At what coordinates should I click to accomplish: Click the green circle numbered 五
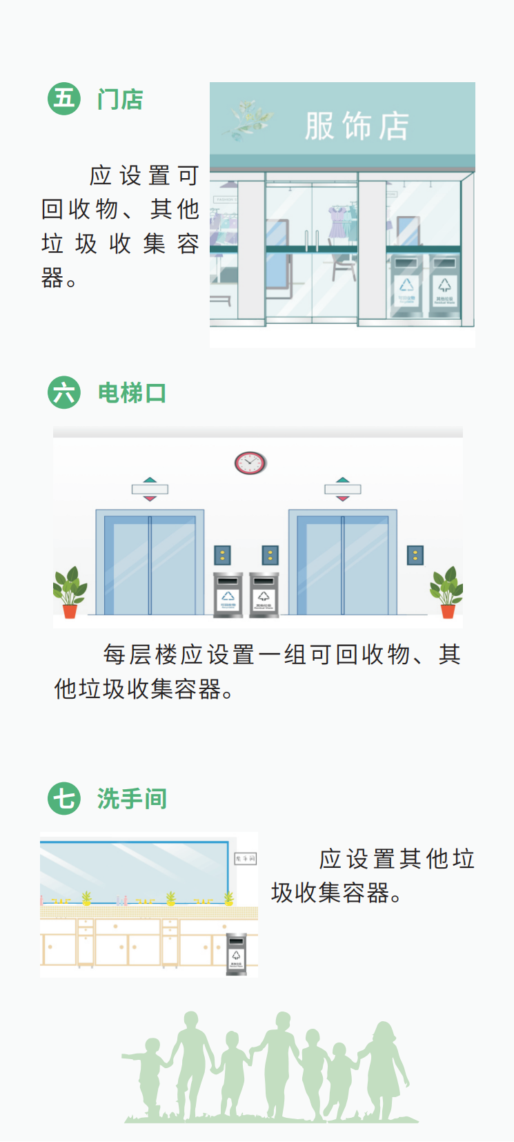(64, 99)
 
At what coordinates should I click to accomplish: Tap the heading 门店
(120, 99)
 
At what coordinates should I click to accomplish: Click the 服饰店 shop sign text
(357, 126)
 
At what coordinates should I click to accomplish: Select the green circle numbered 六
(64, 392)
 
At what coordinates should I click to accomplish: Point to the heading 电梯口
(132, 393)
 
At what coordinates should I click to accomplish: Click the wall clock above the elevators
(250, 463)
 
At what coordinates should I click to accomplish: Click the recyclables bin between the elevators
(228, 594)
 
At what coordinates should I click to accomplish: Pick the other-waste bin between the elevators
(264, 594)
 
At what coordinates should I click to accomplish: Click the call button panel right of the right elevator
(415, 555)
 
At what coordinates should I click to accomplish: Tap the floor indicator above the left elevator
(150, 490)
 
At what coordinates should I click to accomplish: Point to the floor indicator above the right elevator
(342, 490)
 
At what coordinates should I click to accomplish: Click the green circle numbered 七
(64, 798)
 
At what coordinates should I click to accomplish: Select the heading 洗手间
(132, 799)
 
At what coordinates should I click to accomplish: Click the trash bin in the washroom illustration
(236, 954)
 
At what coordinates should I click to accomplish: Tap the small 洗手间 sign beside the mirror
(246, 859)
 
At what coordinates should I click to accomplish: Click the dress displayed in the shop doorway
(337, 222)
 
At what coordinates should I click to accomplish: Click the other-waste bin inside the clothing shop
(445, 286)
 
